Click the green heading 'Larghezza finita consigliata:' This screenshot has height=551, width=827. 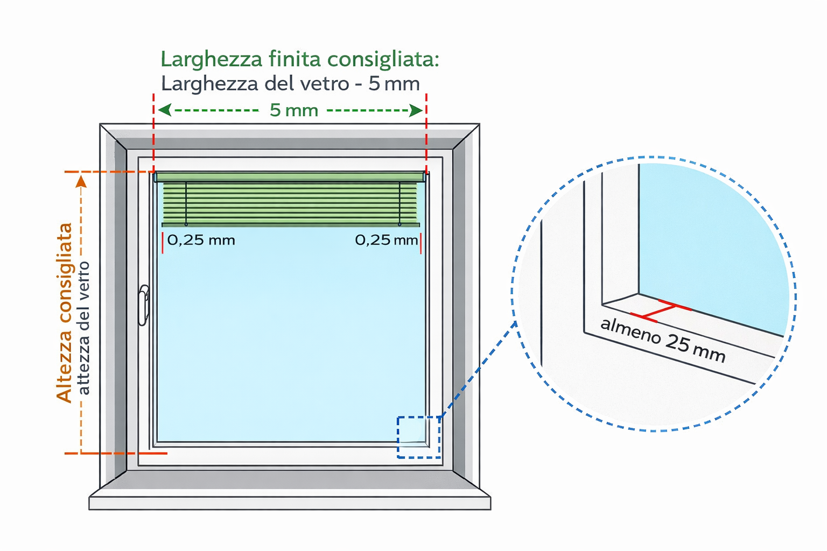(299, 59)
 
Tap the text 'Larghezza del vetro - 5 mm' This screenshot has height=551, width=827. (290, 84)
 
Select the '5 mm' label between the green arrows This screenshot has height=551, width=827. (293, 110)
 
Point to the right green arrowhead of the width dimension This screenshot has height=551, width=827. (416, 110)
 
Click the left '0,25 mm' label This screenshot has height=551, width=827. (201, 240)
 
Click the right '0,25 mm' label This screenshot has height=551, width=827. (386, 240)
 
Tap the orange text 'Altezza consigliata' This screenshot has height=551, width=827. (65, 313)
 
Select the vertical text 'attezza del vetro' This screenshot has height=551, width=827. (84, 328)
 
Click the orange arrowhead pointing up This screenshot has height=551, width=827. (81, 181)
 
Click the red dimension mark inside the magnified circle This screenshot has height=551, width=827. (660, 311)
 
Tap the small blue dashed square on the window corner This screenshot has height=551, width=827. (419, 437)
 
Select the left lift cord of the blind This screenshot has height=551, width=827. (186, 203)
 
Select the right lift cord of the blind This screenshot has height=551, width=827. (400, 203)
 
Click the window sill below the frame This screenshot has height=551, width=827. (290, 503)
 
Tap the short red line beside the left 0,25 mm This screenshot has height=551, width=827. (162, 242)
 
